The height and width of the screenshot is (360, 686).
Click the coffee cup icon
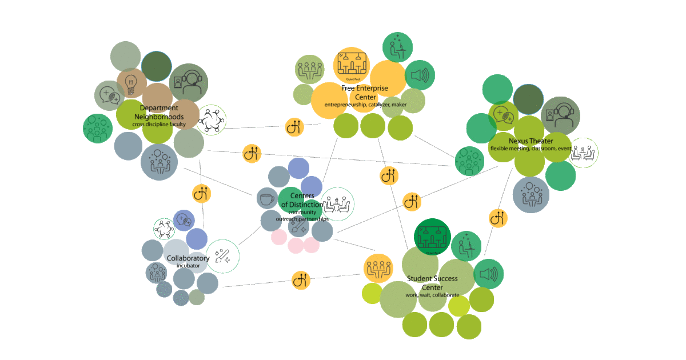[266, 199]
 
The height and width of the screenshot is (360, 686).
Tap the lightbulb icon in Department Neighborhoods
[131, 83]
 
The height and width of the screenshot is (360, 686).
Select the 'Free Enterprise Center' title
[364, 93]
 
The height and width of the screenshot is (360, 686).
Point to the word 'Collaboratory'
[188, 258]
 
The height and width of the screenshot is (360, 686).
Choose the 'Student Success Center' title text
[432, 283]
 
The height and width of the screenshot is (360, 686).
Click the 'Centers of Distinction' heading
[302, 200]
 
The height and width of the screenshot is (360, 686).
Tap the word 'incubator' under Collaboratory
[188, 266]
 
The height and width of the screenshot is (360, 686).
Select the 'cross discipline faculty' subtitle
[159, 124]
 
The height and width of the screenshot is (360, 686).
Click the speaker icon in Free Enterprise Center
[420, 75]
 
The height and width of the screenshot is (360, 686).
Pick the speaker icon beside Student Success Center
[488, 274]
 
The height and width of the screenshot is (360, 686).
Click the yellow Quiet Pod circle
[352, 64]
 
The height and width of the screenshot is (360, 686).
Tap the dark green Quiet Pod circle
[432, 237]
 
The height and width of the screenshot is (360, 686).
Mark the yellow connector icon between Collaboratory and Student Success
[301, 280]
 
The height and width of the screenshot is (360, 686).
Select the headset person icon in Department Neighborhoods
[189, 83]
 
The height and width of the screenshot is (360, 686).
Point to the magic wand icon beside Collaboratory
[222, 256]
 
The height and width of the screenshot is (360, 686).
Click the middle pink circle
[296, 246]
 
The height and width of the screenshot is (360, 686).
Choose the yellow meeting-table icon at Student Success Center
[378, 269]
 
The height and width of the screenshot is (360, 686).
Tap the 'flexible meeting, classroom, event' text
[531, 149]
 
